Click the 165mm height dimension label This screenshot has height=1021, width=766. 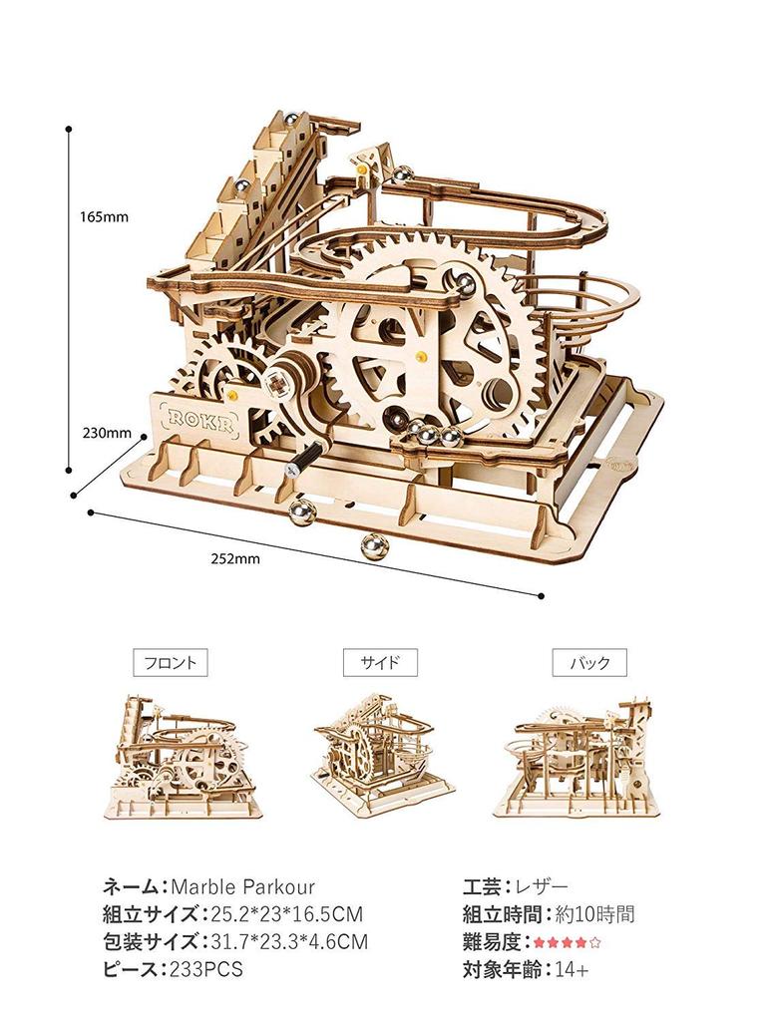click(104, 216)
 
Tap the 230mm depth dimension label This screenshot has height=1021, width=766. click(107, 433)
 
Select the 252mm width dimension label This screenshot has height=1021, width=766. click(235, 558)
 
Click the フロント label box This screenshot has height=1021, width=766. click(170, 663)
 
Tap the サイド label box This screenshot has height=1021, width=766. click(380, 663)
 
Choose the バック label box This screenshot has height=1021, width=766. click(589, 663)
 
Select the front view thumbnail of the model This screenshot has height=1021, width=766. click(185, 757)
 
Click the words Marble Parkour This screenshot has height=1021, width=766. click(243, 886)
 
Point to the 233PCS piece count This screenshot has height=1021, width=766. click(205, 969)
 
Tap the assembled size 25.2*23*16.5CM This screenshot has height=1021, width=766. click(287, 914)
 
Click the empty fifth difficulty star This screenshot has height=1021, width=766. click(594, 942)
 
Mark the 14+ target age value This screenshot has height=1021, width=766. click(572, 969)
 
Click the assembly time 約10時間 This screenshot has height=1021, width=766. click(594, 914)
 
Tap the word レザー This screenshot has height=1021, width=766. click(542, 886)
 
